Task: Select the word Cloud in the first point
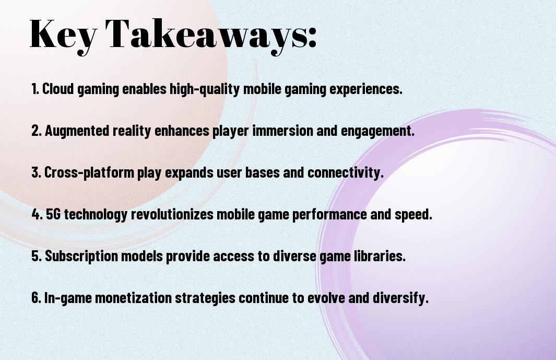coord(58,89)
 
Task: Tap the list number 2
coord(36,131)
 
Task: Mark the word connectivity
coord(346,173)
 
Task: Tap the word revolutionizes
coord(172,214)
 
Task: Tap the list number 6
coord(36,297)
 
